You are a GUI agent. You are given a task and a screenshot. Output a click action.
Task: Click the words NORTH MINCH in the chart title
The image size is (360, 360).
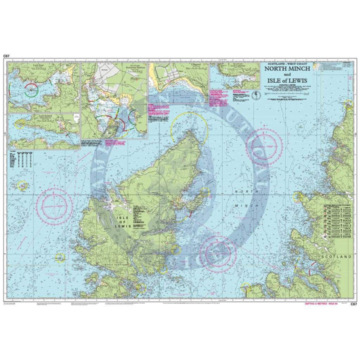[x=283, y=69]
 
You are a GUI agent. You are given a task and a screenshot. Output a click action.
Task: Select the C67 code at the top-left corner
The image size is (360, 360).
[x=6, y=56]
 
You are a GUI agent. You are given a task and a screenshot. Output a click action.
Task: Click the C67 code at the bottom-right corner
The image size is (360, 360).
[x=353, y=304]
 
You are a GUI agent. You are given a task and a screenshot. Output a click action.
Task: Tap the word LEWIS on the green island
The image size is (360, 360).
[x=123, y=226]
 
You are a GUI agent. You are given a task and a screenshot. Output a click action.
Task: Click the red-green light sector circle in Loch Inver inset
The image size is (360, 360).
[x=31, y=89]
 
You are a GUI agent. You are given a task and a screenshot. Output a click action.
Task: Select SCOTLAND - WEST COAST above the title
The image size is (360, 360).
[x=283, y=63]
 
